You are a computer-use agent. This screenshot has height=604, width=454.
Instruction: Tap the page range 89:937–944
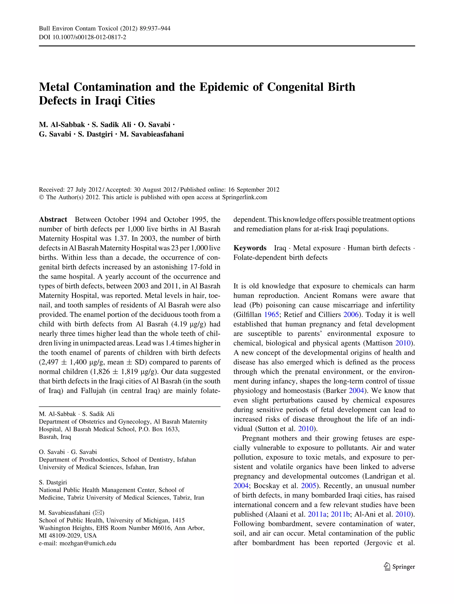[x=155, y=28]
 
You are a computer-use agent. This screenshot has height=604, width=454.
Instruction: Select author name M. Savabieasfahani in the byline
[x=152, y=134]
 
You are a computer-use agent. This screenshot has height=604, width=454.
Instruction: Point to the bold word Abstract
[x=53, y=220]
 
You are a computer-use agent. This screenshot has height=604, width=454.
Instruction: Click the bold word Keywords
[x=250, y=248]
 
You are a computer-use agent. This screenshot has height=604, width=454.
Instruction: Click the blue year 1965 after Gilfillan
[x=271, y=315]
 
